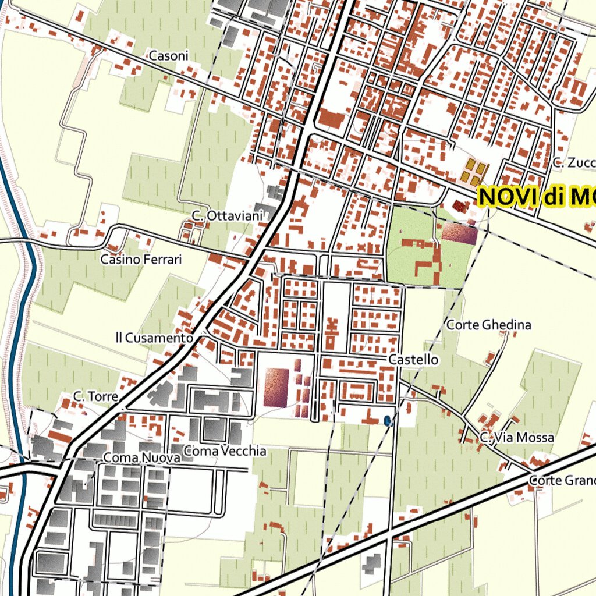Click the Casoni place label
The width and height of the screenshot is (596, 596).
point(169,56)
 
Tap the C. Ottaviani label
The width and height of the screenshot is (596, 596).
point(227,216)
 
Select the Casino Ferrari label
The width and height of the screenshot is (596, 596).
point(141,259)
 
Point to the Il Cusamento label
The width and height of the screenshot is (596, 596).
point(154,338)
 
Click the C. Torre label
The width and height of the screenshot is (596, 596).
point(95,396)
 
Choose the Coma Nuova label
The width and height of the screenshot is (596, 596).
point(141,459)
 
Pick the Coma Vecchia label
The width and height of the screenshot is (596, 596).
point(225,451)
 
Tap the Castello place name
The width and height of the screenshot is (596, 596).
point(413,360)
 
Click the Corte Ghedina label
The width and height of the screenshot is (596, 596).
point(488,325)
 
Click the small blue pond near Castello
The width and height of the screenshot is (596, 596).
point(388,420)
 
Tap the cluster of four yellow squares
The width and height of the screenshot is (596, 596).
point(474,172)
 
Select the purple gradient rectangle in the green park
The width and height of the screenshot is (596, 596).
point(459,234)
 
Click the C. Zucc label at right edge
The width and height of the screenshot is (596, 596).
point(574,163)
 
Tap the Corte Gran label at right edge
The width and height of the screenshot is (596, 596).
point(562,481)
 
